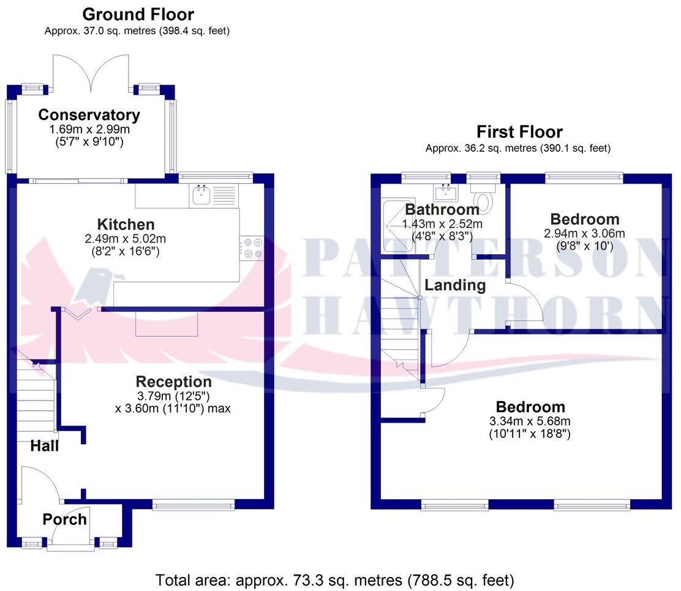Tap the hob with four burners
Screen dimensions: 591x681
pyautogui.click(x=251, y=247)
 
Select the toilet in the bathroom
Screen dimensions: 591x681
pyautogui.click(x=485, y=200)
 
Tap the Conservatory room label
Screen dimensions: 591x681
pyautogui.click(x=89, y=115)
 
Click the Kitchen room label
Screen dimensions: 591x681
pyautogui.click(x=126, y=224)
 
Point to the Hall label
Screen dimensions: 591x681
pyautogui.click(x=45, y=446)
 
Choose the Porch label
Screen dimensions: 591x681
pyautogui.click(x=64, y=519)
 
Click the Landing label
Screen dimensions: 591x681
pyautogui.click(x=455, y=285)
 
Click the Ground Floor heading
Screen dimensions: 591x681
pyautogui.click(x=138, y=14)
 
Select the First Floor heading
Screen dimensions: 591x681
pyautogui.click(x=519, y=132)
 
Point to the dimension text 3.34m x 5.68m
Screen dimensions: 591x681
pyautogui.click(x=530, y=421)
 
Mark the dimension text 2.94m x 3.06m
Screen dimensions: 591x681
pyautogui.click(x=584, y=233)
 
